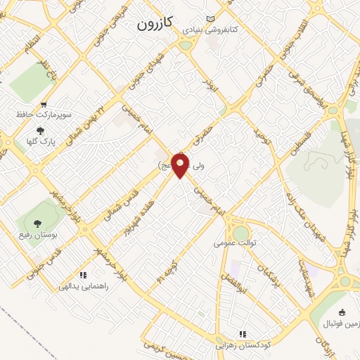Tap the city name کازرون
pos(153,24)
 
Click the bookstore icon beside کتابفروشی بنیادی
pos(210,19)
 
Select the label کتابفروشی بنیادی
pos(210,31)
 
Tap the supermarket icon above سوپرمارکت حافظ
pos(44,103)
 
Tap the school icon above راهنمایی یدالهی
pos(83,276)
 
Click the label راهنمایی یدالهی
pos(84,286)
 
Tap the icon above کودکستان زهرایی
pos(243,334)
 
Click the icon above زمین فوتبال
pos(342,312)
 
